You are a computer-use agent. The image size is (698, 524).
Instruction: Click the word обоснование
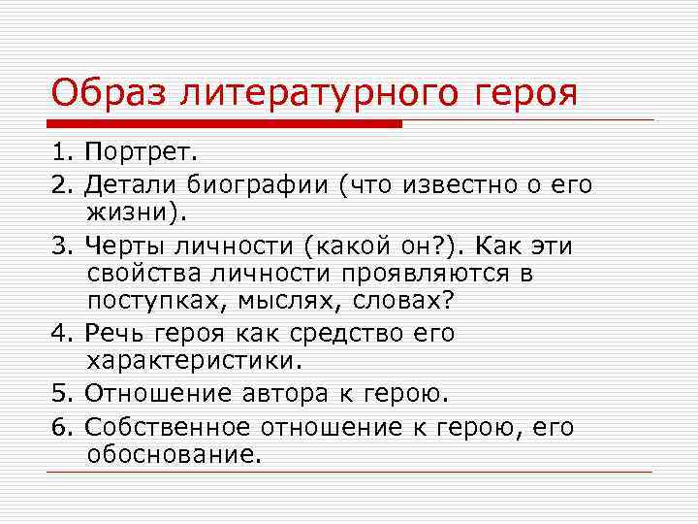coord(174,454)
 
